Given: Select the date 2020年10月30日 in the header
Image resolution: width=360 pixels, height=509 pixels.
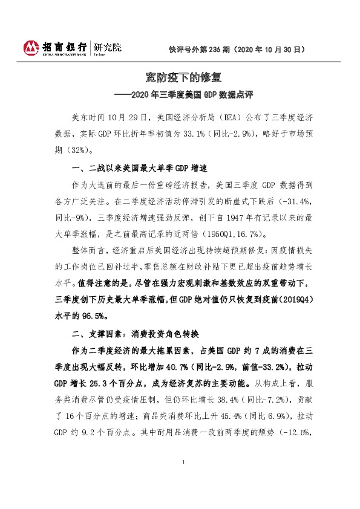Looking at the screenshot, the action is click(270, 51).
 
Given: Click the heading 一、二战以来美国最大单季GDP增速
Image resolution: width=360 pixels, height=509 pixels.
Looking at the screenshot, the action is click(140, 167).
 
